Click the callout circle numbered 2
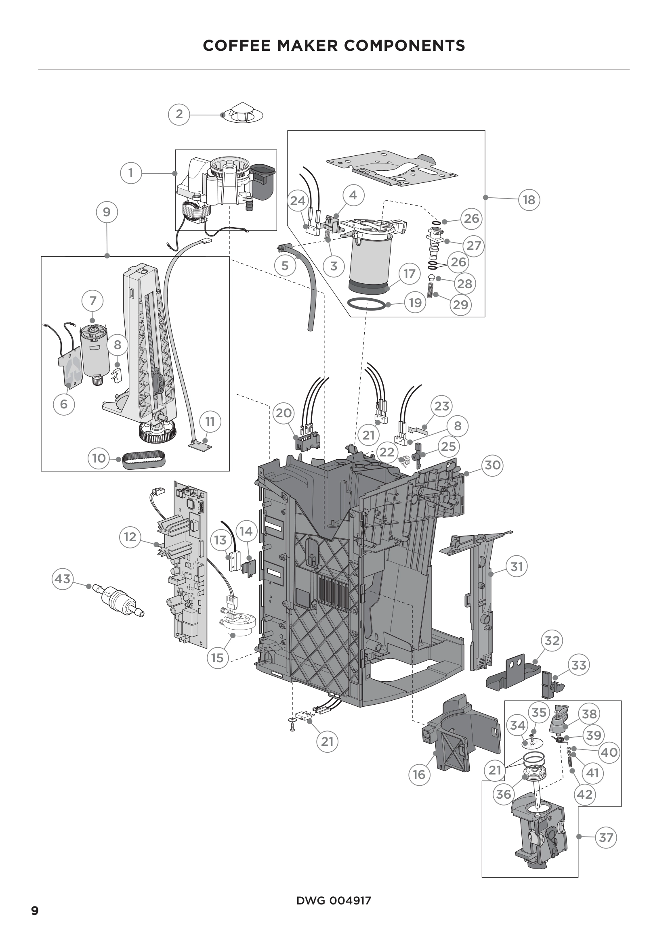(x=179, y=114)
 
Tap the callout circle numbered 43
(x=63, y=579)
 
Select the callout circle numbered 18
(x=529, y=200)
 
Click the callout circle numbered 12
(x=130, y=537)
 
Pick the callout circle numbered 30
(x=492, y=465)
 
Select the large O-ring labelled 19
(x=366, y=305)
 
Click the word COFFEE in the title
(x=237, y=45)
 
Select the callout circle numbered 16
(x=419, y=774)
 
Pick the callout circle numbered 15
(x=217, y=657)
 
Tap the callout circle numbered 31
(x=516, y=567)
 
